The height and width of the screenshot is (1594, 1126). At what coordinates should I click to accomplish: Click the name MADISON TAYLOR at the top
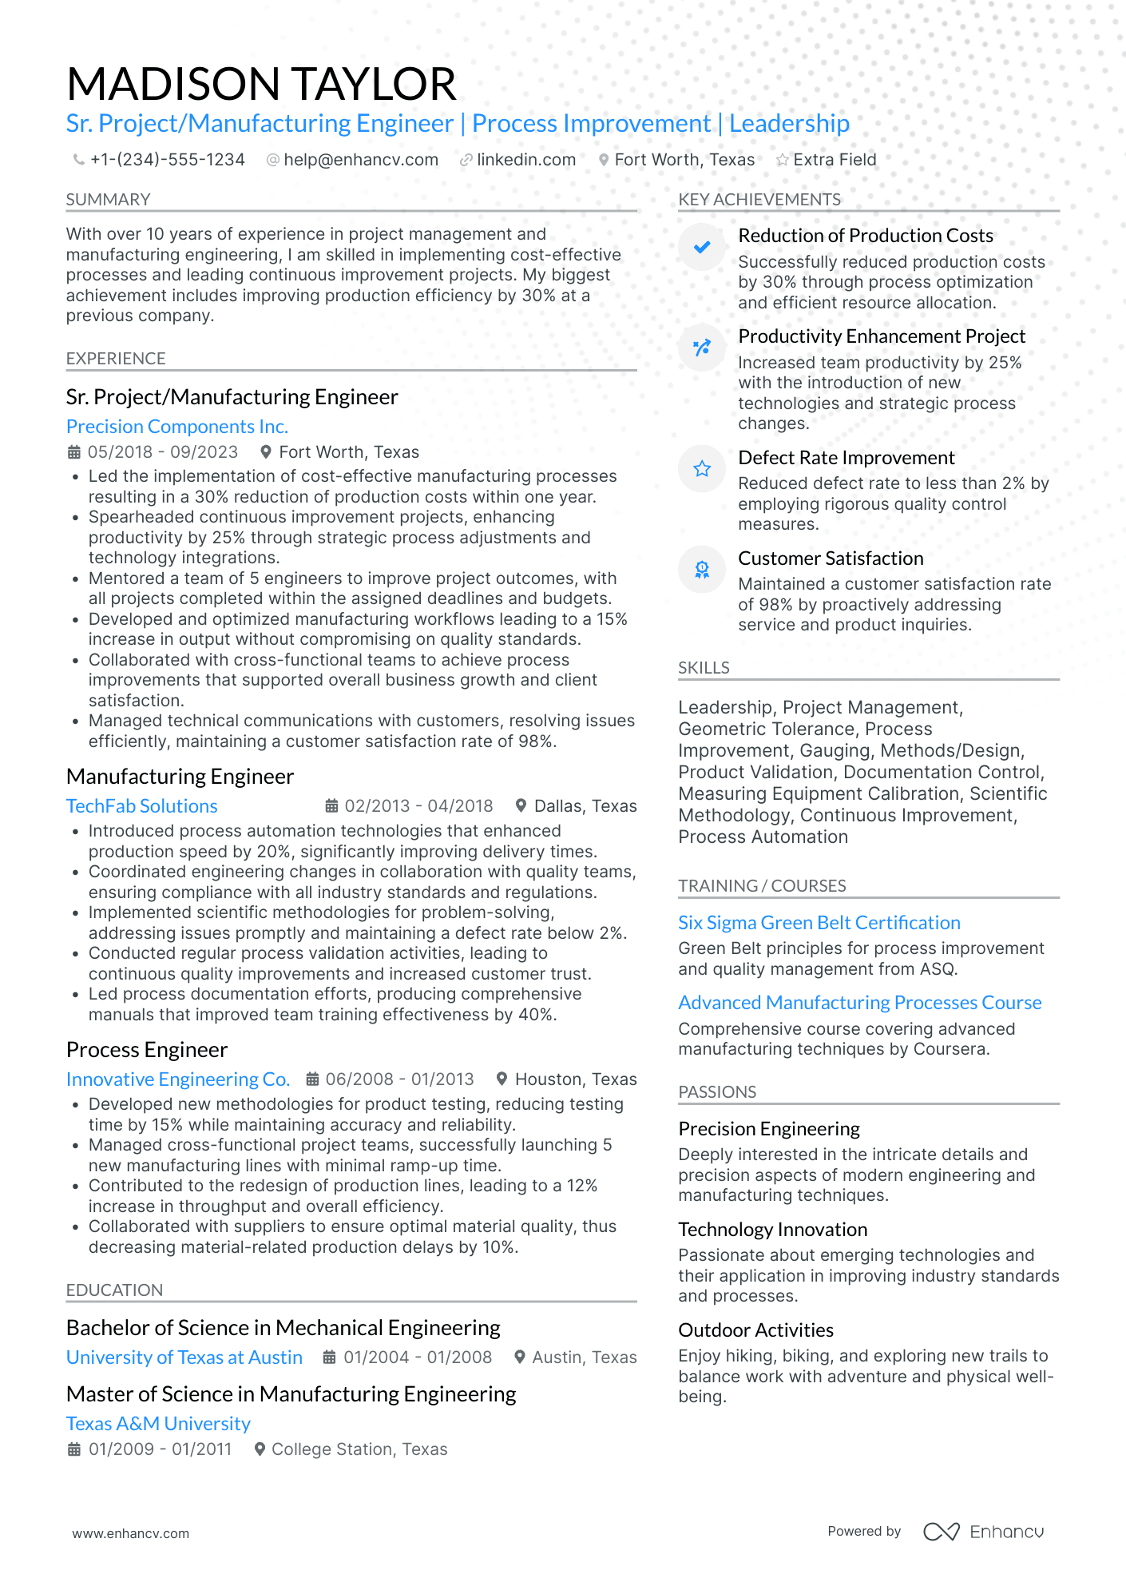click(x=261, y=84)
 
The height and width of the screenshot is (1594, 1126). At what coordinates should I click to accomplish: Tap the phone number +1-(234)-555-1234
click(x=167, y=160)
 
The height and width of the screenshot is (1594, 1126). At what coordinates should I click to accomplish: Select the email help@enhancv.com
click(x=360, y=160)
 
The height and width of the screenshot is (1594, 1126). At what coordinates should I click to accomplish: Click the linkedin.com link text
click(x=525, y=160)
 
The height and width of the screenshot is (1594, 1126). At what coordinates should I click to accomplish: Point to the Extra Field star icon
click(x=782, y=161)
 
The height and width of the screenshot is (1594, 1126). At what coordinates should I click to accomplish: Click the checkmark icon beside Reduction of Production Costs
click(x=702, y=247)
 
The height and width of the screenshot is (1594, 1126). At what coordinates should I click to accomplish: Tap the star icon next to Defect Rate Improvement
click(x=702, y=469)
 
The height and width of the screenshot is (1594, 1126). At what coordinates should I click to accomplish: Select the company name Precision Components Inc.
click(x=176, y=427)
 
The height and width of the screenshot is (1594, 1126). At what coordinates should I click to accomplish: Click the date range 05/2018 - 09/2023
click(x=162, y=452)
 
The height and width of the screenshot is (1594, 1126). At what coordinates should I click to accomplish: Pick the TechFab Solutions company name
click(x=141, y=806)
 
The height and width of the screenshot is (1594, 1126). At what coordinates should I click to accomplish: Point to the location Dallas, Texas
click(x=585, y=806)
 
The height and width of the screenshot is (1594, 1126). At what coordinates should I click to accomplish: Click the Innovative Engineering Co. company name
click(x=177, y=1079)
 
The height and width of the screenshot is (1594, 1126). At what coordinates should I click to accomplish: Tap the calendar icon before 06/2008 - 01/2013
click(x=314, y=1079)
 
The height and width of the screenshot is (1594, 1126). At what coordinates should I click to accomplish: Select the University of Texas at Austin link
click(x=184, y=1357)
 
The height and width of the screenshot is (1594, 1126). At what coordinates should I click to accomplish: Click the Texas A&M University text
click(x=158, y=1424)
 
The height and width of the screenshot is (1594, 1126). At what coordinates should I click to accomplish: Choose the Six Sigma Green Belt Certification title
click(x=819, y=923)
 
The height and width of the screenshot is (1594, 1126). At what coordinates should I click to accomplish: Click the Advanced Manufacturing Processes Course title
click(x=859, y=1003)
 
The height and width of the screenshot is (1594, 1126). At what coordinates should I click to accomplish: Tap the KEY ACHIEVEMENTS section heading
click(x=759, y=200)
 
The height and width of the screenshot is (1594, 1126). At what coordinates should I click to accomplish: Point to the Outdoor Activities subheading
click(x=755, y=1330)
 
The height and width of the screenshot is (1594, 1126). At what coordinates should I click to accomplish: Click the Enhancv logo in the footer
click(x=983, y=1532)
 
